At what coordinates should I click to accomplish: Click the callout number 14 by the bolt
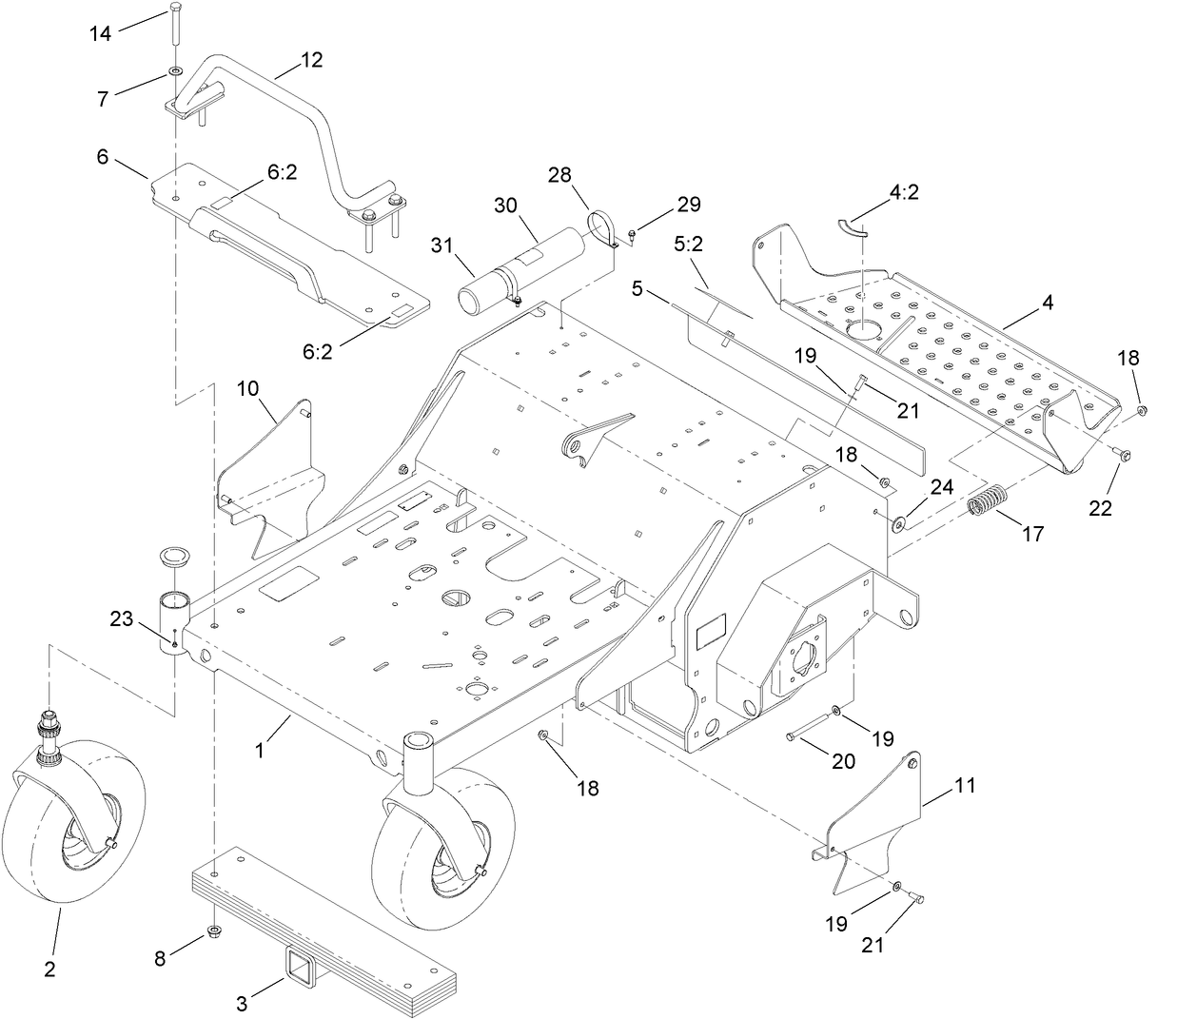pyautogui.click(x=101, y=33)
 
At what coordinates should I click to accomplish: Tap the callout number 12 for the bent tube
pyautogui.click(x=311, y=60)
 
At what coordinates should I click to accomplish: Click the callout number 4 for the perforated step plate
pyautogui.click(x=1047, y=304)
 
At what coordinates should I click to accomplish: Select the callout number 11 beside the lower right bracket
pyautogui.click(x=966, y=786)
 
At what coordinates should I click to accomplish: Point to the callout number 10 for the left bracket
pyautogui.click(x=247, y=388)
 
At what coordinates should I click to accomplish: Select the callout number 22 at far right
pyautogui.click(x=1100, y=508)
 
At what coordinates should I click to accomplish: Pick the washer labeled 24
pyautogui.click(x=898, y=522)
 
